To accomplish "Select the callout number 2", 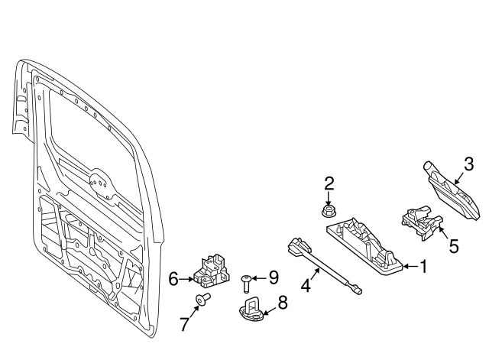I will [329, 183].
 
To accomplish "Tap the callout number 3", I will [468, 164].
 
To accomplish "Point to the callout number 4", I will [306, 287].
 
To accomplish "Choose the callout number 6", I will [173, 280].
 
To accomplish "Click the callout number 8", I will [282, 303].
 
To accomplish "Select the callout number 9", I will [273, 277].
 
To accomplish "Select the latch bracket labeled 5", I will [420, 222].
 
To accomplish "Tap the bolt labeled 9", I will [246, 283].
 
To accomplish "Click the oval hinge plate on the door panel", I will [99, 183].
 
